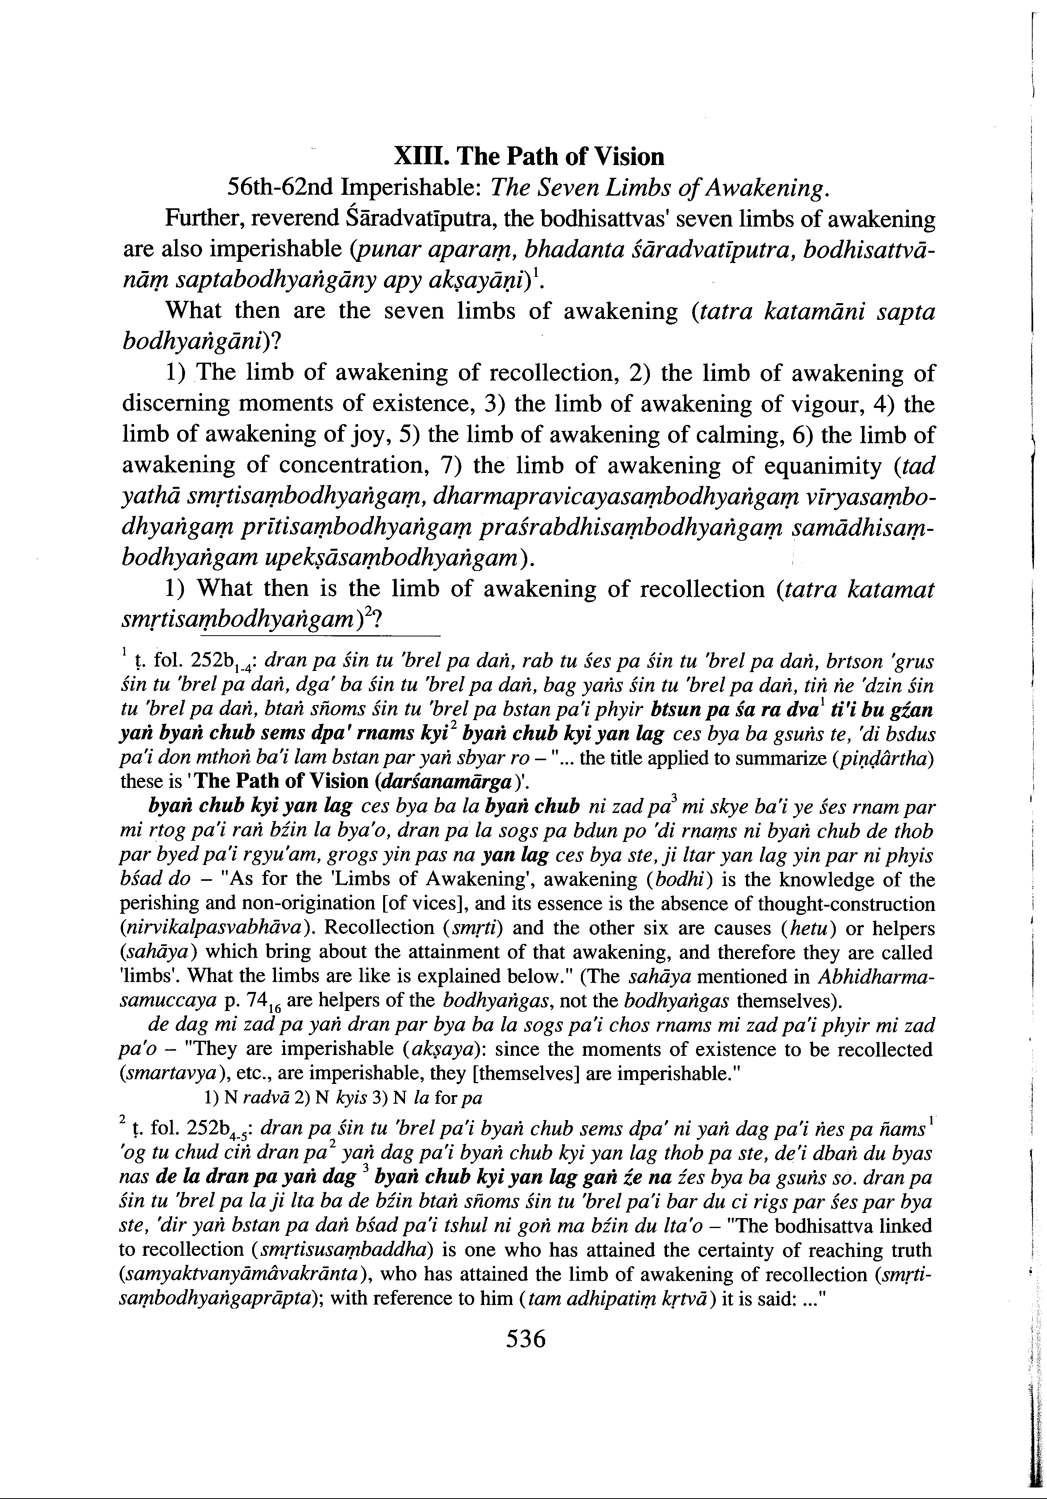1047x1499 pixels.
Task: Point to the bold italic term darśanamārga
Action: (445, 782)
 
